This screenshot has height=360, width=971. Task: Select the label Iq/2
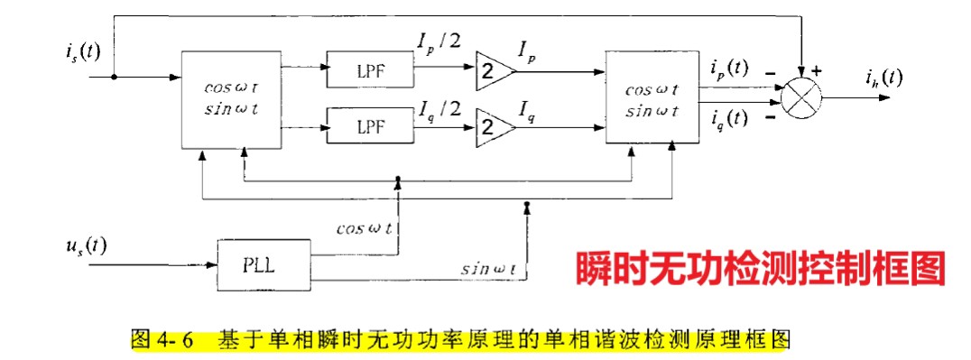pyautogui.click(x=439, y=110)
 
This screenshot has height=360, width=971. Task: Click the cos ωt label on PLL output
pyautogui.click(x=364, y=227)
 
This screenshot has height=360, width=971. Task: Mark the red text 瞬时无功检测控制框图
pyautogui.click(x=760, y=267)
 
